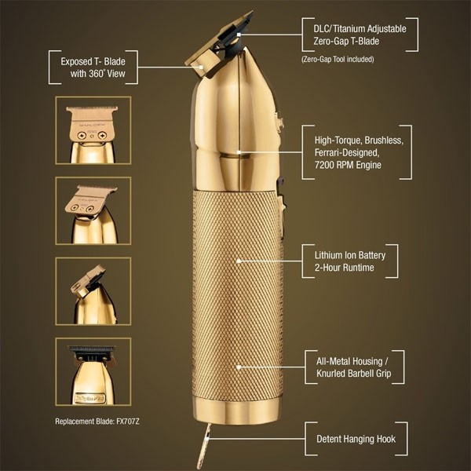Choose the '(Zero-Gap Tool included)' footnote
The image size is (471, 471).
point(338,59)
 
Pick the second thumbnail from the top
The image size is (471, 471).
point(91,210)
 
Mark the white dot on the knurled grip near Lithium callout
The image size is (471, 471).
point(239,261)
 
